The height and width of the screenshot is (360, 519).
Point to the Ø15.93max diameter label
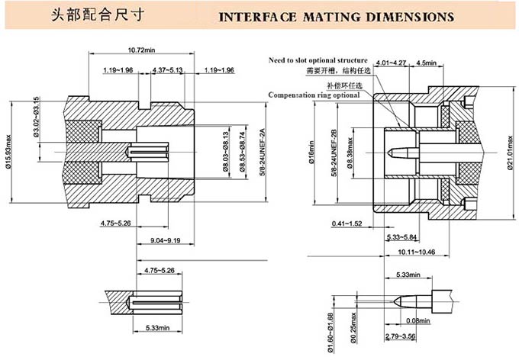tap(11, 139)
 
